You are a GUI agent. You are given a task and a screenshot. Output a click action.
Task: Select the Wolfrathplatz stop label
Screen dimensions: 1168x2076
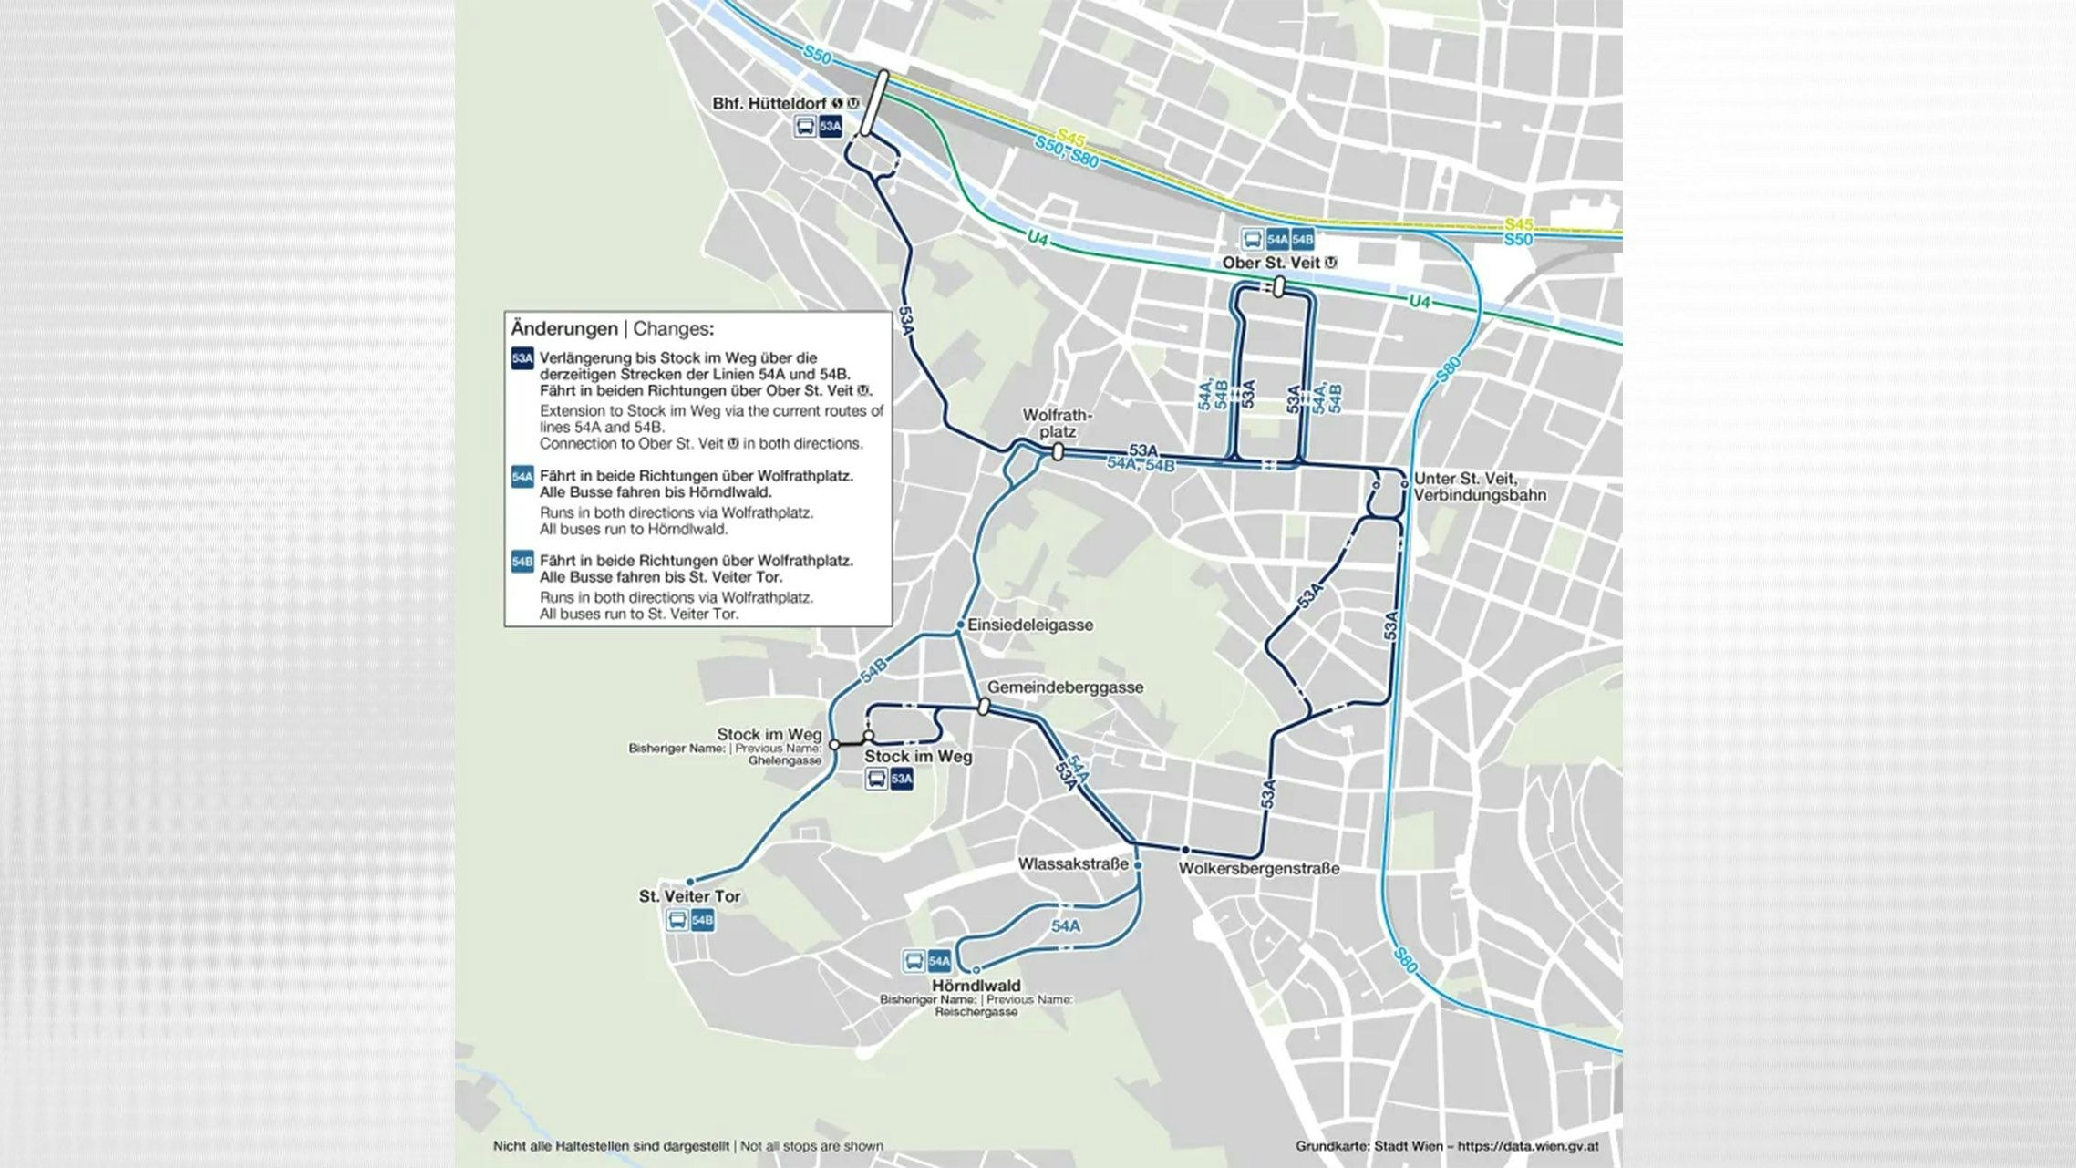click(x=1057, y=423)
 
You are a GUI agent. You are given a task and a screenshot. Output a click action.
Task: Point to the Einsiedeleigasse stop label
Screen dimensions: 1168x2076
click(x=1029, y=625)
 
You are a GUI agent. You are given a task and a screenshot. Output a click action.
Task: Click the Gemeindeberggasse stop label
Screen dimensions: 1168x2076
click(x=1065, y=687)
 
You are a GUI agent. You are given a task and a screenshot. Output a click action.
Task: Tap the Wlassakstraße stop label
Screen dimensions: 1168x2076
click(x=1072, y=863)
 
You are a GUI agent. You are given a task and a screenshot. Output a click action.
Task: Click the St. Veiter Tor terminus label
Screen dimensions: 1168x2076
click(x=689, y=896)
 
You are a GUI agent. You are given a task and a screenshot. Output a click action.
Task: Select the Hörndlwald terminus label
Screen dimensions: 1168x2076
click(x=976, y=986)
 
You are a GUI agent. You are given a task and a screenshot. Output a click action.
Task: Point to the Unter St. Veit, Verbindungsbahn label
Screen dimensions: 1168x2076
click(x=1479, y=487)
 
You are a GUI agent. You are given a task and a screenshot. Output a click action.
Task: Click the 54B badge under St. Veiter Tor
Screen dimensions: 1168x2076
click(x=702, y=920)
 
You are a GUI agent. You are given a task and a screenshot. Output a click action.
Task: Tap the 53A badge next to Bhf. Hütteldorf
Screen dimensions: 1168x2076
click(x=830, y=127)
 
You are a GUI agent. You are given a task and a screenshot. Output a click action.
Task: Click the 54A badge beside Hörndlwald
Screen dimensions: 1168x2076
click(x=939, y=961)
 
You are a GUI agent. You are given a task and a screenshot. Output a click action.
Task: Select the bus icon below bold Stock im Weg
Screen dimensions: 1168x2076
click(x=876, y=779)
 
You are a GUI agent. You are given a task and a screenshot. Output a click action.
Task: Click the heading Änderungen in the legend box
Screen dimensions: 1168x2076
click(x=563, y=328)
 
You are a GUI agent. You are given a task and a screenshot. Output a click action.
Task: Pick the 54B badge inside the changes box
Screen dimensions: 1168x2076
click(x=522, y=562)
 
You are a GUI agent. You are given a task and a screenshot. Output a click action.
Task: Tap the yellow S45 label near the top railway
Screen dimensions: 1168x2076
click(x=1070, y=139)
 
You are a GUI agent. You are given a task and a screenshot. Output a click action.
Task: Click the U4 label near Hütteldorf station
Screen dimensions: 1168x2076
click(x=1038, y=239)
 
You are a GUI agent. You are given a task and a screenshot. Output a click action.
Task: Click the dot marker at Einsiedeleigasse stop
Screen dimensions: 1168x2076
click(x=959, y=625)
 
